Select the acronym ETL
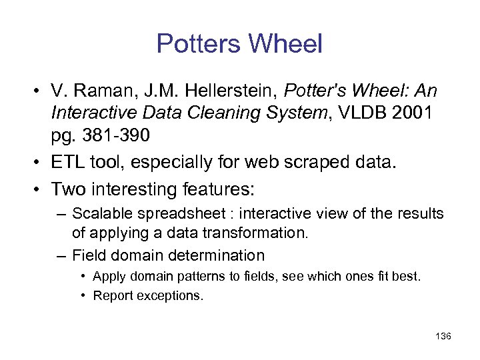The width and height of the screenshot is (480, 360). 68,162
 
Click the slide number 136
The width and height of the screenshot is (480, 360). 443,336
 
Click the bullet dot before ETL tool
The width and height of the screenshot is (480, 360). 41,162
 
